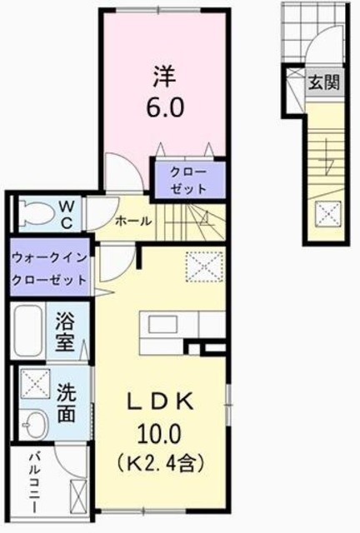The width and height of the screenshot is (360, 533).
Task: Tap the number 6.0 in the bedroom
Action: tap(165, 107)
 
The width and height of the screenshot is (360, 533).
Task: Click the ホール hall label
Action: tap(133, 222)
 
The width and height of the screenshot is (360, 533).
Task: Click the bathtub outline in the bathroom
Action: tap(29, 330)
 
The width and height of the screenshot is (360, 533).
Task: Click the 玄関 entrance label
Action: tap(323, 82)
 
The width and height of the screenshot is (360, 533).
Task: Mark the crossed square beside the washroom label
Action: tap(35, 384)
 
